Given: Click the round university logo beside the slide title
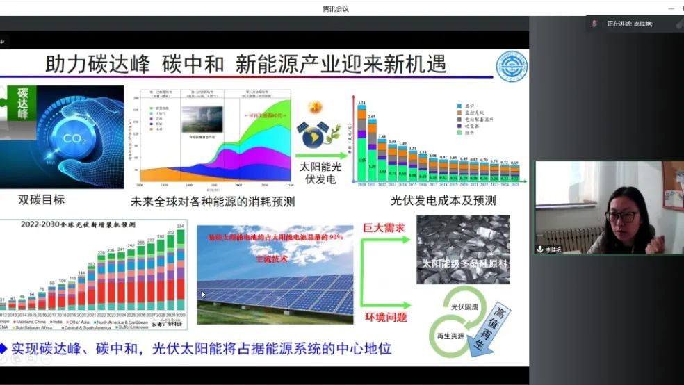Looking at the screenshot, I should click(x=511, y=67).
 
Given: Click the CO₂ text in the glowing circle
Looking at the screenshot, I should click(x=72, y=138).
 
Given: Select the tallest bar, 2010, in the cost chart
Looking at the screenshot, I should click(x=361, y=142).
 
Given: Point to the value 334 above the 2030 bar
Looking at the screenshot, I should click(x=180, y=226).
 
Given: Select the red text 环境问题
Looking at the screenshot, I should click(x=386, y=317).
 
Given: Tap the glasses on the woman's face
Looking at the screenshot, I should click(x=624, y=217).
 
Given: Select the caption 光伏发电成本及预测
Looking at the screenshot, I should click(x=443, y=201).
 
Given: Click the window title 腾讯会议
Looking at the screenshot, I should click(x=335, y=9).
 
